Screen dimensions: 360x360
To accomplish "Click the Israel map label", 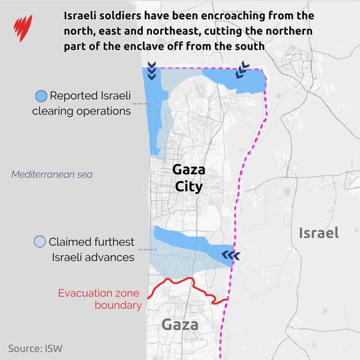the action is (x=319, y=233).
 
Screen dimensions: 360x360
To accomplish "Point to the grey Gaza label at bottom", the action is (x=180, y=325).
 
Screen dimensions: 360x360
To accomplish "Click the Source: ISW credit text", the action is (x=35, y=348).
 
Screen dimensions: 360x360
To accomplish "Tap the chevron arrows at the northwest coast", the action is (x=152, y=72).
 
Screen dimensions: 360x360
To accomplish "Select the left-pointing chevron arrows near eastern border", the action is (x=230, y=256).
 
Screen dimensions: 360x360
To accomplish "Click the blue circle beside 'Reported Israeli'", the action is (x=41, y=96).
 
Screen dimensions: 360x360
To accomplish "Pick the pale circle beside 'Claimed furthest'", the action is (x=40, y=242).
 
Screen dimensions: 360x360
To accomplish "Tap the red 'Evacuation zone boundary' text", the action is (x=99, y=299).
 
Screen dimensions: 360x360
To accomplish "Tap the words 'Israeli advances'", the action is (x=92, y=257).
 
